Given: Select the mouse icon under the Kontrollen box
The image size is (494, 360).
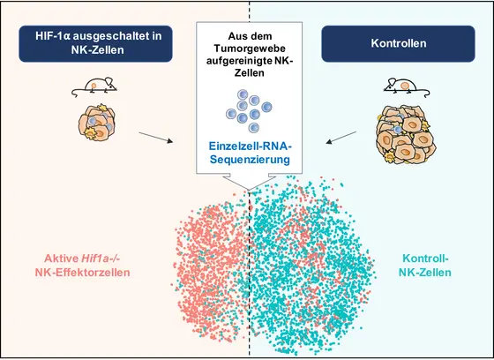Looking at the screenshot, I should (400, 86).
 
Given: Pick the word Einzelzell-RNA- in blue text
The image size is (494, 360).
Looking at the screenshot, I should (247, 146).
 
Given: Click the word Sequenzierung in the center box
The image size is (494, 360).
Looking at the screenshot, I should (247, 161).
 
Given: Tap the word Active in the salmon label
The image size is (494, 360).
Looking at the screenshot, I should (63, 259).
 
